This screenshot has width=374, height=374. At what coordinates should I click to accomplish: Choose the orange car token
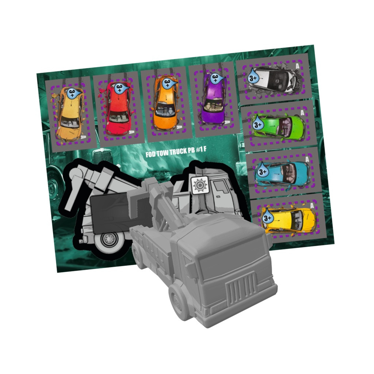coord(166,105)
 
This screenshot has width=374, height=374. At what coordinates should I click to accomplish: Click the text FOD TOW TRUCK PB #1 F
coord(176,152)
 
